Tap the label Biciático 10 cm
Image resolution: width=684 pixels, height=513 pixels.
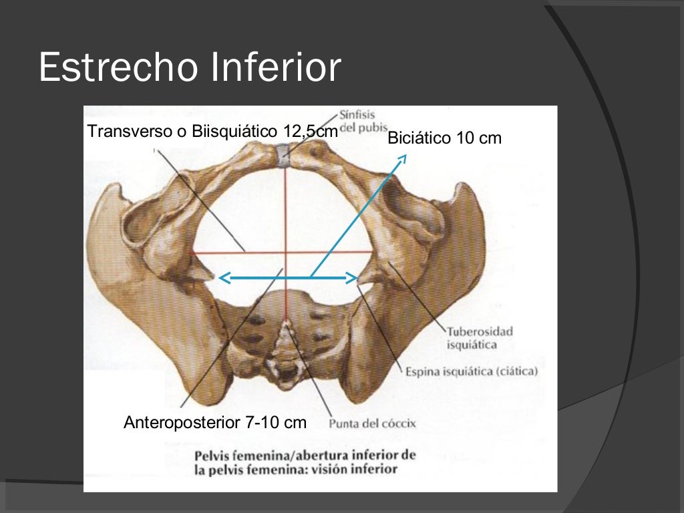tap(444, 138)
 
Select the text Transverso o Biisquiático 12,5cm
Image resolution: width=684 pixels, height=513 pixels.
tap(212, 132)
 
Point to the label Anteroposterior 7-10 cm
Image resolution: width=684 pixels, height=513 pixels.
tap(215, 422)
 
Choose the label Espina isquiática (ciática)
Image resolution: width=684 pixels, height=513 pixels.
tap(472, 371)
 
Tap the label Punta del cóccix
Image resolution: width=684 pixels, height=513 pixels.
tap(373, 423)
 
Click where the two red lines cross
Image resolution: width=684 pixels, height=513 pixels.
tap(285, 252)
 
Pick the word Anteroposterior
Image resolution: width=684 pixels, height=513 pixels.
tap(181, 422)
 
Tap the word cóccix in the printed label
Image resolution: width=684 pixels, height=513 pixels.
tap(399, 423)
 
